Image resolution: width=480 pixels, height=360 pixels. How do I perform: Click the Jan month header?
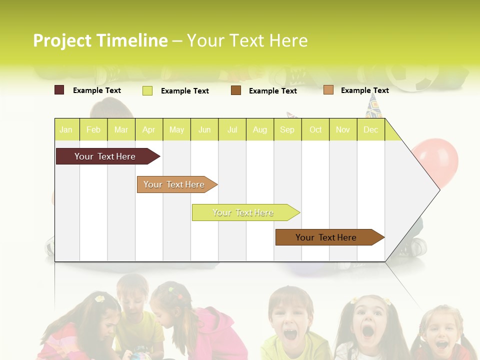(x=66, y=129)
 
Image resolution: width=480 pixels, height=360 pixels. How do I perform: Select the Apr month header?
(x=149, y=129)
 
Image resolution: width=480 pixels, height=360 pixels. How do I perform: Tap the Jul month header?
(x=232, y=129)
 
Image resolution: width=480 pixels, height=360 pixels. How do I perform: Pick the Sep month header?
(x=287, y=129)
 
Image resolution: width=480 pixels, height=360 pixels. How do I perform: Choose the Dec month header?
(x=370, y=129)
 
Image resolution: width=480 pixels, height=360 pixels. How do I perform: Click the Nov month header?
(x=343, y=129)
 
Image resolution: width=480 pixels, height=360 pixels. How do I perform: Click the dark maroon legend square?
(x=59, y=90)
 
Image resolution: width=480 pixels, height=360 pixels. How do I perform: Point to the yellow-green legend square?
(x=147, y=90)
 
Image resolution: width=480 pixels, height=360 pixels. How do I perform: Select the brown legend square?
(x=236, y=90)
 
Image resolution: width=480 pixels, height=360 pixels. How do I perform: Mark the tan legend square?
(x=328, y=90)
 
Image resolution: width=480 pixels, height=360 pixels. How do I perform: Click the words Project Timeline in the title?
(x=100, y=40)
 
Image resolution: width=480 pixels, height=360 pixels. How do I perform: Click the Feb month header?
(x=93, y=129)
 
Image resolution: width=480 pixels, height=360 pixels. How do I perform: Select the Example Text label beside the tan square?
(x=364, y=90)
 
